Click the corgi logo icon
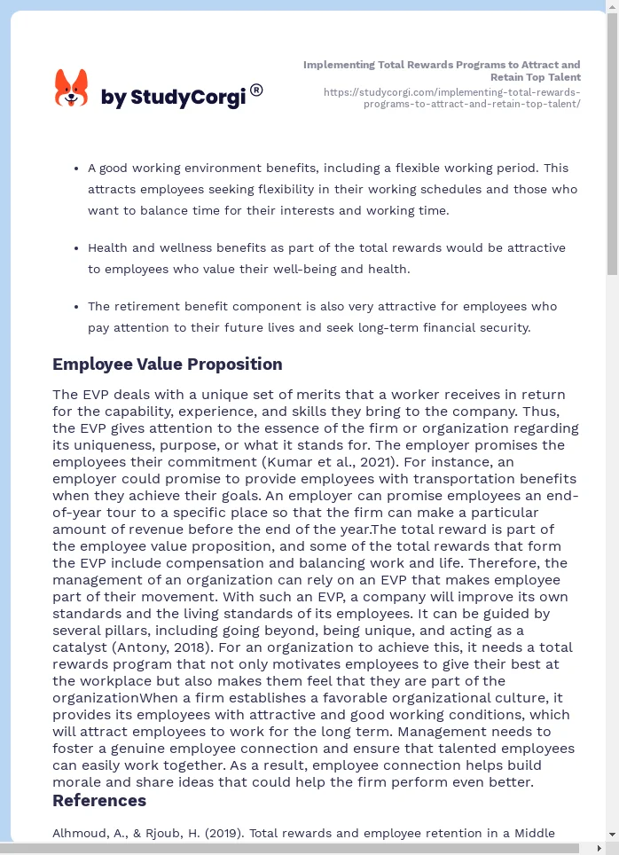[71, 89]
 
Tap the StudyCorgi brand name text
[173, 98]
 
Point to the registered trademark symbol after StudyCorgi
[256, 90]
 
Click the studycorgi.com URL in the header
[451, 98]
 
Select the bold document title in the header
[442, 71]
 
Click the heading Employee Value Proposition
[167, 365]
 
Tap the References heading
[99, 801]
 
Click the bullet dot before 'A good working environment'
[75, 168]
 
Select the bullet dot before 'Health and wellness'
[75, 248]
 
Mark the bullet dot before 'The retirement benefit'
[75, 307]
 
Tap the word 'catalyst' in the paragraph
[81, 647]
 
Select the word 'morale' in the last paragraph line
[79, 782]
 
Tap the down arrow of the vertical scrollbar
[612, 835]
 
